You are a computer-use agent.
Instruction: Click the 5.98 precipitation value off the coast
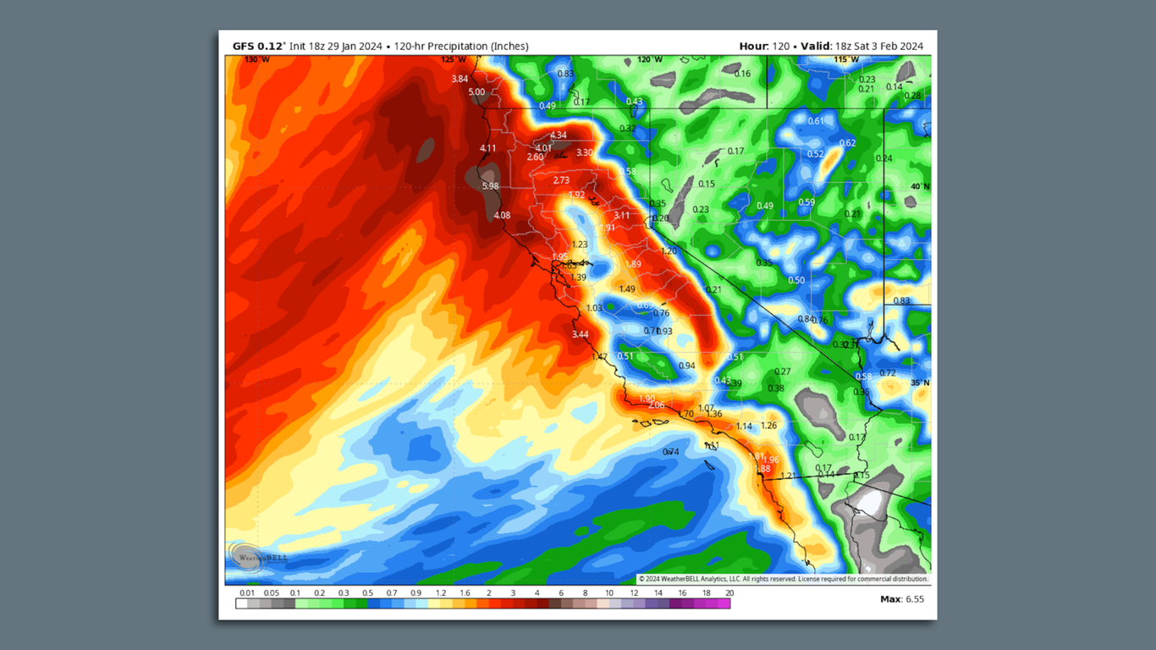(x=490, y=186)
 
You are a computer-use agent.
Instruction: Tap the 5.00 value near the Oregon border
(x=476, y=92)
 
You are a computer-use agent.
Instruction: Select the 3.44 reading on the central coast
(x=580, y=334)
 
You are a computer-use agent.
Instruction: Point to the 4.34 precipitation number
(x=558, y=135)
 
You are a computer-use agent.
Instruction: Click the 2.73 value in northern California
(x=561, y=180)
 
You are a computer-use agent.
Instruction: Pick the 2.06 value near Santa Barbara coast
(x=656, y=405)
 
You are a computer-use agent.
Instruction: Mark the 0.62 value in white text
(x=847, y=143)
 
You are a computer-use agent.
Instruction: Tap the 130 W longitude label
(x=257, y=60)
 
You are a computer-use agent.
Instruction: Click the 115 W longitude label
(x=846, y=60)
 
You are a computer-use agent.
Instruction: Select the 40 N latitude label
(x=919, y=186)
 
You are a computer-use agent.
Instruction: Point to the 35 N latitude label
(x=919, y=383)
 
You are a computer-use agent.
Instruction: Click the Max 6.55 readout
(x=902, y=599)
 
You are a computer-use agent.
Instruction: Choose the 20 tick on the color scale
(x=729, y=593)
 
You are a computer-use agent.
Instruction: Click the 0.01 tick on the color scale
(x=246, y=593)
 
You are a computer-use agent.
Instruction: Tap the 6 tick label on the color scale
(x=560, y=593)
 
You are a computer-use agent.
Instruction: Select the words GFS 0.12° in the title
(x=259, y=47)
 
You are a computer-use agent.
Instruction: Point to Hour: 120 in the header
(x=764, y=47)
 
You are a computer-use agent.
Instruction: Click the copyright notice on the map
(x=783, y=579)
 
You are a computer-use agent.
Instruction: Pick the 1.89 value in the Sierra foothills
(x=633, y=265)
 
